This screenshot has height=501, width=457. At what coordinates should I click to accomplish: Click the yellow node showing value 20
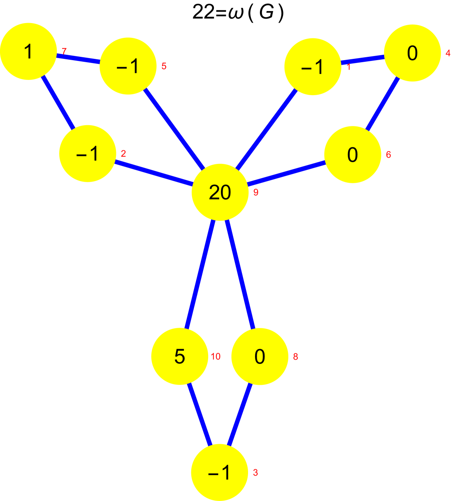220,192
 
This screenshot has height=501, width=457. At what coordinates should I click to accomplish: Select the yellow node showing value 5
180,356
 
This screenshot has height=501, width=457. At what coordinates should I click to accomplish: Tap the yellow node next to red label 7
28,51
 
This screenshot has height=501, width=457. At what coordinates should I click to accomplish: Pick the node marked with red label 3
220,472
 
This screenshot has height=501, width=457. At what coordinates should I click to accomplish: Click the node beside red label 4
412,53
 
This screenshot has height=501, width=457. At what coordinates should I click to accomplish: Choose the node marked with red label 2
88,154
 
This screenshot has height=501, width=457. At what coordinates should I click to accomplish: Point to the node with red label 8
260,356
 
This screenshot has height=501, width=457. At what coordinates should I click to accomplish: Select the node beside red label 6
353,154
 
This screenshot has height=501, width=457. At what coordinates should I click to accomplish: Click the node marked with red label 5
128,66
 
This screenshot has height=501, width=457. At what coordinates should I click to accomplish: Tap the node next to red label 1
313,67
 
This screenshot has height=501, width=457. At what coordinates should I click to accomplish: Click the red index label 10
216,357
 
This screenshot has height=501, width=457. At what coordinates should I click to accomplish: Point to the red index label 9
256,192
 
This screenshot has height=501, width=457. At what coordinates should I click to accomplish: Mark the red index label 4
448,53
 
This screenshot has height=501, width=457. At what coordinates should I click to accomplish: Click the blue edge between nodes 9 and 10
200,274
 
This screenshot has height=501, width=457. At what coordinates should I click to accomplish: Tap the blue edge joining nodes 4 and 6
383,104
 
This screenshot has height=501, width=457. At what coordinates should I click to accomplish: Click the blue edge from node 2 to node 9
154,173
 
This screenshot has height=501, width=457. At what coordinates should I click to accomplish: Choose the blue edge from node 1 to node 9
267,129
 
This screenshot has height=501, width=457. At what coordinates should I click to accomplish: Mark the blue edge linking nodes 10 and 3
200,414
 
